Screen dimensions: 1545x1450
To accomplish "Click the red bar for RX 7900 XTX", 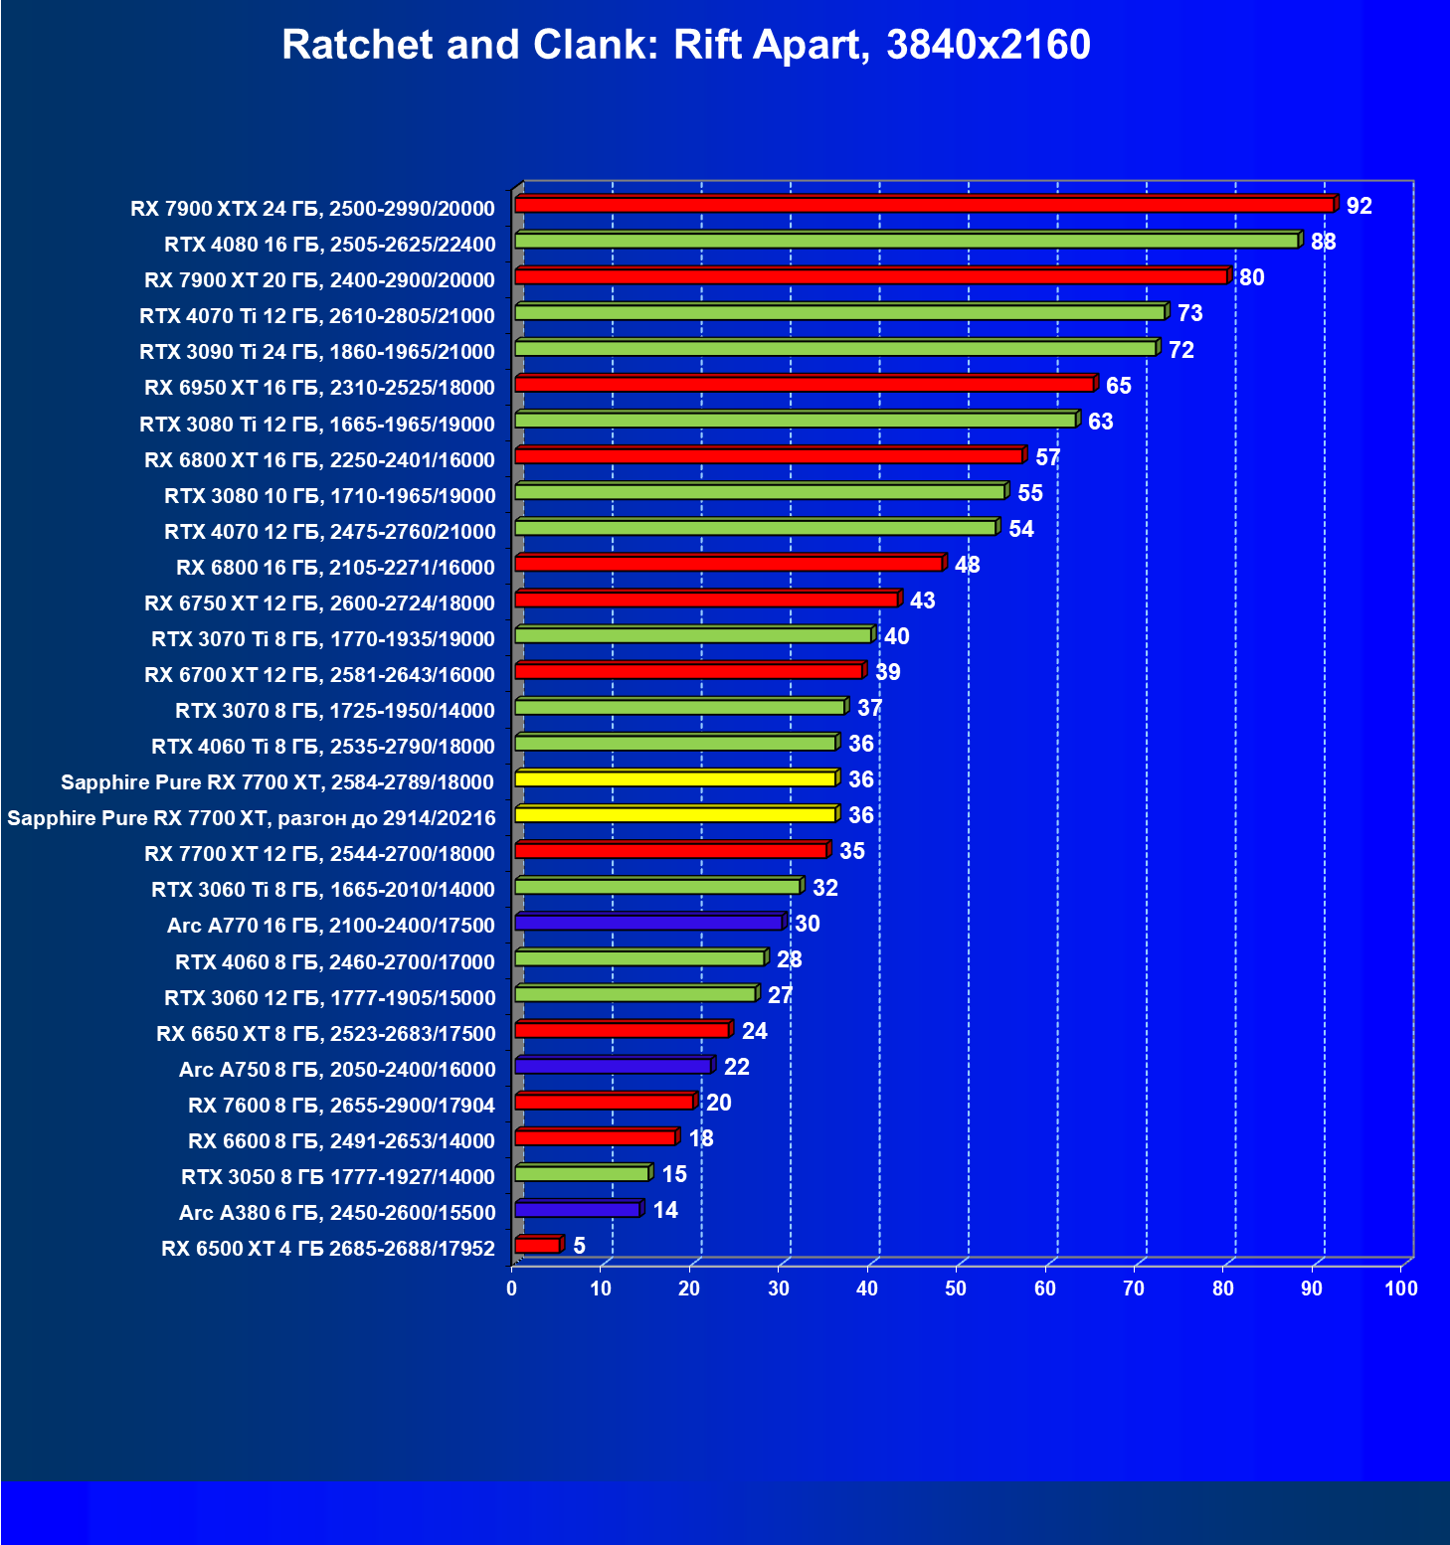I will coord(925,205).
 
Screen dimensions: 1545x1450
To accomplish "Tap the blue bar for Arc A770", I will coord(648,924).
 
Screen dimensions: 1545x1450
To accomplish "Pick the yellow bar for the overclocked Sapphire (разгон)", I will coord(675,815).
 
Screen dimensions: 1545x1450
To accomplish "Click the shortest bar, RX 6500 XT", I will coord(537,1246).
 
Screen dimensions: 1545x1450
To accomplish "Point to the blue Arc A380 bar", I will coord(578,1210).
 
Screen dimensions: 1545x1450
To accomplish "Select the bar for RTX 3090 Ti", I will coord(835,348).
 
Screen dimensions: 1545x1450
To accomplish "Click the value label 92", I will coord(1359,206).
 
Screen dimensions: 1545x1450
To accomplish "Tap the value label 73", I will coord(1189,313).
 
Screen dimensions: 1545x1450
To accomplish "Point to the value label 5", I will coord(579,1246).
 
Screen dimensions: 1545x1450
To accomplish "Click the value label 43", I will coord(922,601).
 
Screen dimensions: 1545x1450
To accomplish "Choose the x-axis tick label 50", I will coord(956,1288).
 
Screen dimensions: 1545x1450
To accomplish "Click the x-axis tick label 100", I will coord(1400,1288).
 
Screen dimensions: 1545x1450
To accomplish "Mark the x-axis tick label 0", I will coord(511,1288).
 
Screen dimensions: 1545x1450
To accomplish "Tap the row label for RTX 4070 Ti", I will coord(317,316).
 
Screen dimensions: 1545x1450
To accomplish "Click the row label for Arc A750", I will coord(337,1070).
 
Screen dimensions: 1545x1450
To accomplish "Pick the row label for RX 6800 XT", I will coord(319,460).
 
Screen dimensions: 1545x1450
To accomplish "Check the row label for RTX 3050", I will coord(338,1177).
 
